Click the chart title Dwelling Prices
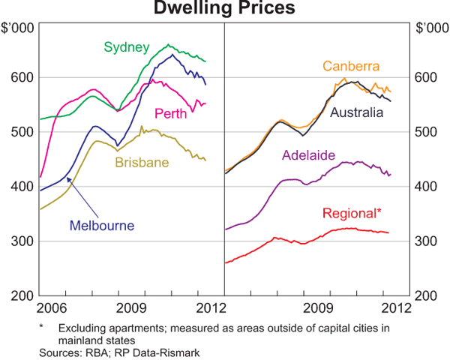(x=225, y=9)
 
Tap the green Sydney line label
(x=125, y=47)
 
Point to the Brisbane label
(x=140, y=161)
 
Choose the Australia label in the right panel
(x=357, y=113)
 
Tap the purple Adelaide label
(x=307, y=156)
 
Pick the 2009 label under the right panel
(x=319, y=307)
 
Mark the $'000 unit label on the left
(x=19, y=28)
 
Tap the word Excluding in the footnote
(x=82, y=328)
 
